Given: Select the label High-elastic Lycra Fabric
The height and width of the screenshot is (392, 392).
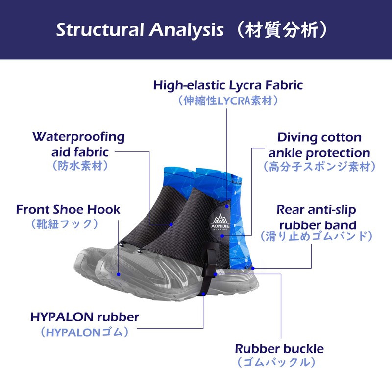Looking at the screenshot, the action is pyautogui.click(x=228, y=85).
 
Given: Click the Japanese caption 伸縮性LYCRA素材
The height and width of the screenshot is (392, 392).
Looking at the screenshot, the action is pyautogui.click(x=228, y=101).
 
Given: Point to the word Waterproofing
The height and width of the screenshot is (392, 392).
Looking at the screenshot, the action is pyautogui.click(x=78, y=136).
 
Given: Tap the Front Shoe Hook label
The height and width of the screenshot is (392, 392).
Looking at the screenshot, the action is pyautogui.click(x=68, y=210).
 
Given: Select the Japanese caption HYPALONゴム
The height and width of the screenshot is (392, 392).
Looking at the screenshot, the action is pyautogui.click(x=85, y=332).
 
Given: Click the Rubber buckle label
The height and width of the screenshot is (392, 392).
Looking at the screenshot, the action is pyautogui.click(x=279, y=349).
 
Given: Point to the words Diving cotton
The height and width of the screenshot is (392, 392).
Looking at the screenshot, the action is pyautogui.click(x=319, y=137).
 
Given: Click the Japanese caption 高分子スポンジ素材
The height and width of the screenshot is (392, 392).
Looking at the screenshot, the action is pyautogui.click(x=319, y=167).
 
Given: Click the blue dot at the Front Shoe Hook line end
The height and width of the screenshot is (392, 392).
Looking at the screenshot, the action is pyautogui.click(x=119, y=274).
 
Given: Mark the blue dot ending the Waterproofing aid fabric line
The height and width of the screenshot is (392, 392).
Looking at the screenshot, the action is pyautogui.click(x=171, y=224).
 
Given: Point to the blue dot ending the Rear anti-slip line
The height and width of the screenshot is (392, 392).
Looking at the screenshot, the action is pyautogui.click(x=253, y=268).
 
